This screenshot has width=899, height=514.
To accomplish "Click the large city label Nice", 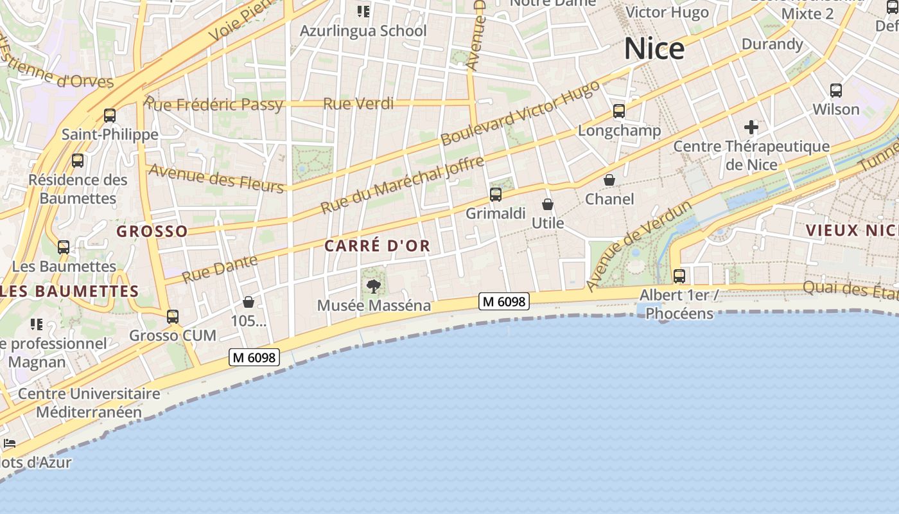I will (x=654, y=49).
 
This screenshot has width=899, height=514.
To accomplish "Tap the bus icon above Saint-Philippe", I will (x=110, y=116).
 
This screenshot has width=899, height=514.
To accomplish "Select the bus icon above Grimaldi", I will (x=495, y=194).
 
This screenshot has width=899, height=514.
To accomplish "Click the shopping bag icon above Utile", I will (x=548, y=204).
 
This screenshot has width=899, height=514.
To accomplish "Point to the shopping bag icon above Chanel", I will (x=609, y=180).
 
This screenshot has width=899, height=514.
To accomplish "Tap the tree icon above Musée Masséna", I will (x=373, y=286).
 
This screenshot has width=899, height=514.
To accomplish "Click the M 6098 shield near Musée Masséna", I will (x=504, y=301).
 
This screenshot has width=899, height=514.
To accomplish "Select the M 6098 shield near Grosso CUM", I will (x=254, y=357).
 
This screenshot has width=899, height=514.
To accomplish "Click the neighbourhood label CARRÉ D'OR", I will (x=377, y=246).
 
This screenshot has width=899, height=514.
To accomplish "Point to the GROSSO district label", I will (x=152, y=231).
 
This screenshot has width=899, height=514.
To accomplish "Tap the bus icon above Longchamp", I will (x=618, y=111).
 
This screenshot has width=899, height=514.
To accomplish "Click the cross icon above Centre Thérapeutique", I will (x=751, y=127).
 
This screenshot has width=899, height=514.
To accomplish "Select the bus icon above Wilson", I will (x=835, y=91).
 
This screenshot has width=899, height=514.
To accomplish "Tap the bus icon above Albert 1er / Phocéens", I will (x=679, y=276).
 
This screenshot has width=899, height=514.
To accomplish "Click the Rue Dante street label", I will (x=220, y=269).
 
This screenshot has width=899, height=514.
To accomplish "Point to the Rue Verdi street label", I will (x=358, y=103).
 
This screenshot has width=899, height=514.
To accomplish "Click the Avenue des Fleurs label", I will (x=215, y=178).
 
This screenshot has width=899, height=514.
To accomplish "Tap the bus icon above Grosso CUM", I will (x=172, y=316).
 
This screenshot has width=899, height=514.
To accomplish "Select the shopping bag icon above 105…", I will (x=249, y=302).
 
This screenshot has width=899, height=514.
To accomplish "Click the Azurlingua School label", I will (x=363, y=31).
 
